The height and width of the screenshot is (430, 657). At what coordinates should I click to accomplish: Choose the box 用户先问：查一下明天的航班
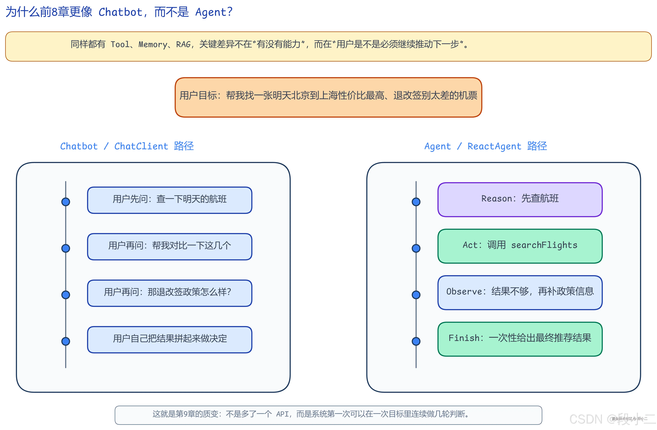tap(169, 200)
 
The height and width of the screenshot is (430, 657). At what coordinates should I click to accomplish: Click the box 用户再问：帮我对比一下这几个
tap(169, 247)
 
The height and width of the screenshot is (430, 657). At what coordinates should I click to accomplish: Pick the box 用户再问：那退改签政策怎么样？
tap(169, 293)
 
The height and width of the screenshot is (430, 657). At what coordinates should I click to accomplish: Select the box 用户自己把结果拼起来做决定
tap(169, 340)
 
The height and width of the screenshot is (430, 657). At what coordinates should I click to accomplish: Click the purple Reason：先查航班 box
tap(520, 199)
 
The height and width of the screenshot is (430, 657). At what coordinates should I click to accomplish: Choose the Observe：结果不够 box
tap(520, 292)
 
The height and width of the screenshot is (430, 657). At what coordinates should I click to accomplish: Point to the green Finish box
tap(520, 339)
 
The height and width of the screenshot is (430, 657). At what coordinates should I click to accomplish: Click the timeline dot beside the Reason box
tap(416, 202)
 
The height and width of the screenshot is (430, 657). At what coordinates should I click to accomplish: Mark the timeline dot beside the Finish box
tap(416, 341)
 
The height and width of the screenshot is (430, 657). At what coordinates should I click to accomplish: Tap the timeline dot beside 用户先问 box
tap(66, 202)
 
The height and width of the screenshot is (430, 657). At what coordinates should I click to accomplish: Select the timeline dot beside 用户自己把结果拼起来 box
tap(66, 341)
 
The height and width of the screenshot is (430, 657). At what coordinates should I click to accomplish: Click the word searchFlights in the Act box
tap(544, 245)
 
